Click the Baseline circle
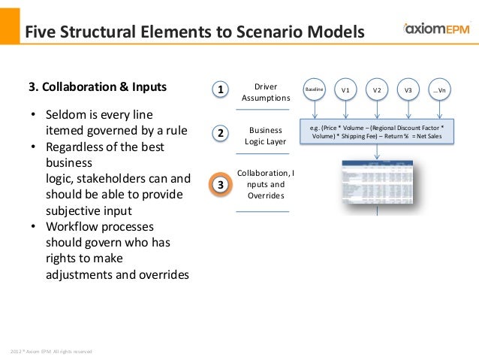coord(314,90)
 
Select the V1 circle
coord(345,90)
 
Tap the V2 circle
coord(377,90)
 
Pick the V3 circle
coord(408,90)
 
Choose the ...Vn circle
coord(440,90)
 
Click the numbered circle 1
coord(220,90)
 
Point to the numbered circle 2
coord(220,134)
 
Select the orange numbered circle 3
coord(220,184)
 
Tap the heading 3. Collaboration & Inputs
coord(98,86)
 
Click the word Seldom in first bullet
coord(65,116)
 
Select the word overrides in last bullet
coord(158,274)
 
